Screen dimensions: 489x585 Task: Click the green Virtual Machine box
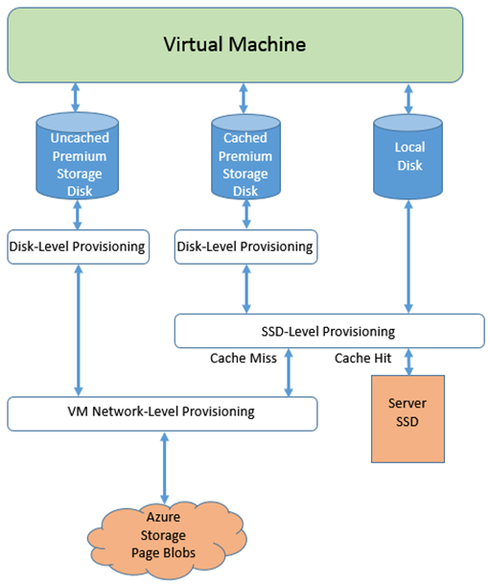[x=235, y=45]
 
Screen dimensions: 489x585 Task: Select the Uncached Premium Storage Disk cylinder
[x=78, y=156]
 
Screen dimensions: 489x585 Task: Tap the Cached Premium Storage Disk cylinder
[x=245, y=156]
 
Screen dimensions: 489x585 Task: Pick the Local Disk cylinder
[x=408, y=156]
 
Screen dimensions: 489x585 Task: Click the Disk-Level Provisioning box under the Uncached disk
[x=79, y=247]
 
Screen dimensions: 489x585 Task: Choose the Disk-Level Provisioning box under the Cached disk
[x=245, y=247]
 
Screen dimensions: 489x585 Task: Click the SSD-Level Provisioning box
[x=330, y=331]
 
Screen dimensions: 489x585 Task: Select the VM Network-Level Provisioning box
[x=162, y=413]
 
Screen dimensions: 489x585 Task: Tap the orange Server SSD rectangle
[x=407, y=419]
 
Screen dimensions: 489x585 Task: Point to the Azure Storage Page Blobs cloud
[x=167, y=540]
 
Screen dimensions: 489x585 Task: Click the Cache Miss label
[x=244, y=358]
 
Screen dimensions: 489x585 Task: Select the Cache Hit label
[x=363, y=358]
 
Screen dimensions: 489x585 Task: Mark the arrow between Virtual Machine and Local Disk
[x=408, y=99]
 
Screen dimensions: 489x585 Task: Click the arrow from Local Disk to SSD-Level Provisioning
[x=408, y=257]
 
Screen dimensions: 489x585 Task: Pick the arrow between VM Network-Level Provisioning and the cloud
[x=165, y=468]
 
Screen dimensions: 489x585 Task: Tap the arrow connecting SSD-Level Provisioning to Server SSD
[x=408, y=362]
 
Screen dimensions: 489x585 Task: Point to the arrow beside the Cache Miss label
[x=289, y=372]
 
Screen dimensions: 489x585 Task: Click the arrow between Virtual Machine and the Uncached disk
[x=76, y=98]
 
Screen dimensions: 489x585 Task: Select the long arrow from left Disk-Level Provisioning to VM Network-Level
[x=79, y=330]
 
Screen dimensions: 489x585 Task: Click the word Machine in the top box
[x=268, y=44]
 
